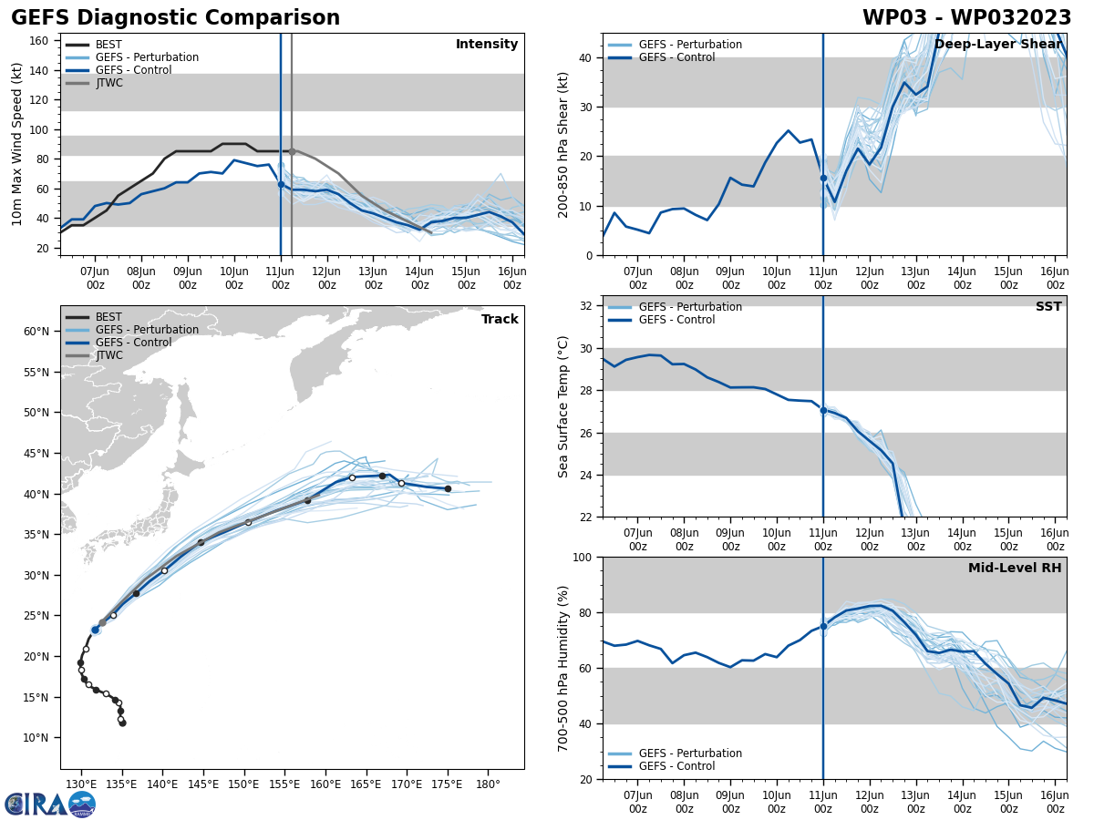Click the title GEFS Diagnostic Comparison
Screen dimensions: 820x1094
click(175, 18)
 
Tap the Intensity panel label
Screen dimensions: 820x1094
click(487, 45)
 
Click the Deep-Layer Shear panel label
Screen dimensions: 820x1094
click(997, 45)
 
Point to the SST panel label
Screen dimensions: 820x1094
click(1048, 307)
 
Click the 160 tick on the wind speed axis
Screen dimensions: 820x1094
click(41, 41)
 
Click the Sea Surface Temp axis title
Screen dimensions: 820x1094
click(563, 406)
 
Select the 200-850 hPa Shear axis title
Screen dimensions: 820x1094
click(563, 144)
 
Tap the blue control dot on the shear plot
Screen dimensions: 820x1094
click(823, 179)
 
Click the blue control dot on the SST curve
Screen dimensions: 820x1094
click(823, 410)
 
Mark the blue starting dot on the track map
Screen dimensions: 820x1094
click(95, 630)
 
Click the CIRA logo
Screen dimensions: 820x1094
click(50, 804)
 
